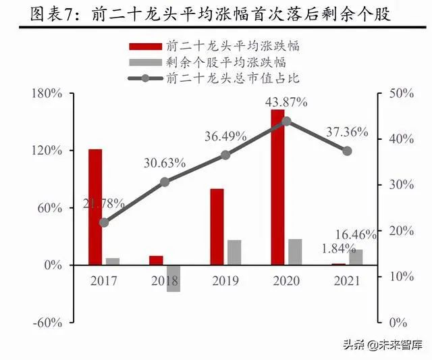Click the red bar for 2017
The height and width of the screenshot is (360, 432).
tap(95, 207)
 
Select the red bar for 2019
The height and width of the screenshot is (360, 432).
tap(216, 227)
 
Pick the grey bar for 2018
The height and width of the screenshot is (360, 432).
tap(173, 278)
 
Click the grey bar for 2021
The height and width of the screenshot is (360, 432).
tap(356, 257)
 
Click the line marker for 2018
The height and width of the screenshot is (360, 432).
tap(165, 182)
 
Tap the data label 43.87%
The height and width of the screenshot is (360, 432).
tap(286, 102)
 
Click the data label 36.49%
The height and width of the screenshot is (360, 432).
tap(226, 136)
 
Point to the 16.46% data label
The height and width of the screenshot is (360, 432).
tap(355, 235)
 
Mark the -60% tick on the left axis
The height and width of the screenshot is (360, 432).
tap(47, 322)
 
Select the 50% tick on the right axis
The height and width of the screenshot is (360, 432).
tap(401, 93)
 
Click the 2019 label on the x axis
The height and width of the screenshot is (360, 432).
tap(225, 281)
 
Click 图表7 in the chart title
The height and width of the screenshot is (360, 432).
tap(41, 13)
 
